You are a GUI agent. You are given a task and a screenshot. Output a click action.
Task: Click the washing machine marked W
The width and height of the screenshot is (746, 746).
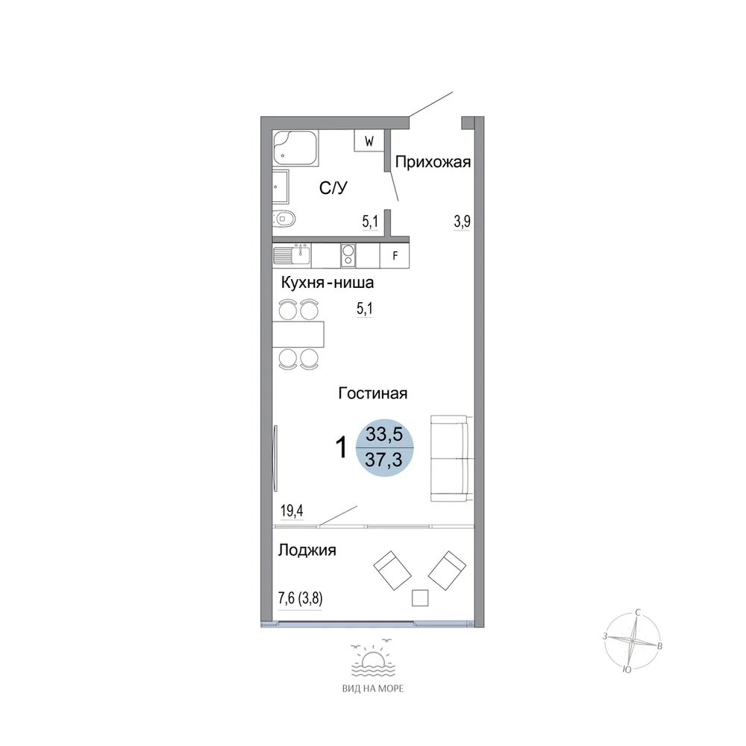coord(369,141)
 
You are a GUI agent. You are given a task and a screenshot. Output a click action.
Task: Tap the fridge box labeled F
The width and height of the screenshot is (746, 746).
coord(395,256)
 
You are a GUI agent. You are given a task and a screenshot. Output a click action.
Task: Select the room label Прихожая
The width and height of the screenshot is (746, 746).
coord(433,162)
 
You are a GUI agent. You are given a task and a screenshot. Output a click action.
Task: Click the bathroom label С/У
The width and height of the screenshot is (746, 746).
coord(333,188)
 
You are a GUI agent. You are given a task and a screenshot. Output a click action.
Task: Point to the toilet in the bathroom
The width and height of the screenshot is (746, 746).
coord(284,219)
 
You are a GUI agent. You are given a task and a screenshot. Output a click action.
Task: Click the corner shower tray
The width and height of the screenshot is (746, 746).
coord(295,148)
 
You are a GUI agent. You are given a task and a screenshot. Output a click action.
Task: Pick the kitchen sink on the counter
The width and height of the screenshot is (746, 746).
coord(292,255)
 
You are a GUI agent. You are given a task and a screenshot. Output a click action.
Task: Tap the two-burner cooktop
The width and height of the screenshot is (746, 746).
coord(348,255)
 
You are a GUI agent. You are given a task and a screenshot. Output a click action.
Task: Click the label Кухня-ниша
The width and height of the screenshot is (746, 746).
coord(327,283)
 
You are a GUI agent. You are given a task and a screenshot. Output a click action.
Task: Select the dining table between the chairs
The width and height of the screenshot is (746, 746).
coord(298,334)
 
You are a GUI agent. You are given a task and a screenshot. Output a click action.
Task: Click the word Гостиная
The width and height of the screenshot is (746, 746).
coord(373,393)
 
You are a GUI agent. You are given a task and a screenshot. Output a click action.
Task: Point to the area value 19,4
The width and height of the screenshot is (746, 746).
coord(292,511)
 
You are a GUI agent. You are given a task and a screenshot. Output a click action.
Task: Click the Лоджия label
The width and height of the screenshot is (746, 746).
coord(307,550)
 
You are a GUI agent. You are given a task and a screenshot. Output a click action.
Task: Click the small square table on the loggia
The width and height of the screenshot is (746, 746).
coord(420,598)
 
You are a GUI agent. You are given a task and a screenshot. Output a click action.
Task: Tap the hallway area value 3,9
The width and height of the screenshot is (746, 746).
coord(462,222)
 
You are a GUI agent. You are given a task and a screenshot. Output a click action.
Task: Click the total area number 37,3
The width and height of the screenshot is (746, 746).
coord(383,460)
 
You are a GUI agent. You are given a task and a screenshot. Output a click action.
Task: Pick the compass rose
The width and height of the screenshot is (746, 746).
coord(633,642)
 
